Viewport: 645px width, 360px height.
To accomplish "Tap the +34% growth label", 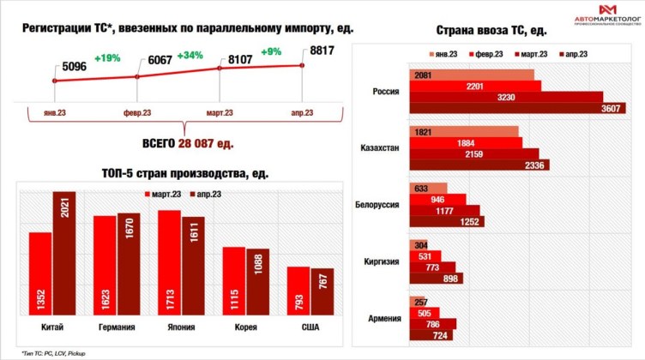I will (190, 57).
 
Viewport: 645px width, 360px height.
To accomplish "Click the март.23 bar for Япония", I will (170, 262).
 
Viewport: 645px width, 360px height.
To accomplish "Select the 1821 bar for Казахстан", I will (464, 131).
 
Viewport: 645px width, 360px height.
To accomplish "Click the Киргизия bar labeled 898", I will (437, 278).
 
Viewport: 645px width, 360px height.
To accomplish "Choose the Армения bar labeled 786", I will (433, 324).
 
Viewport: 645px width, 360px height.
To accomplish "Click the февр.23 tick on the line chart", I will (137, 112).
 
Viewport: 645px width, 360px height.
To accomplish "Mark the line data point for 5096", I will (55, 81).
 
